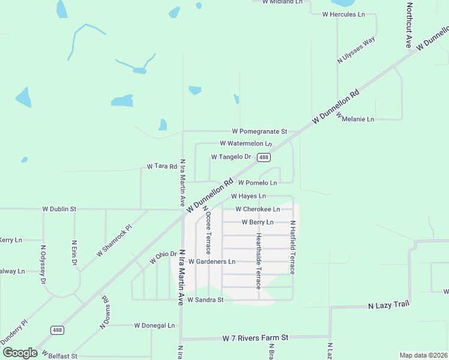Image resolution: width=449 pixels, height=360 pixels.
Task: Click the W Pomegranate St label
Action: pos(260,131)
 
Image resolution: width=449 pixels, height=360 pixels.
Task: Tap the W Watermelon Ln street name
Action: pos(246,144)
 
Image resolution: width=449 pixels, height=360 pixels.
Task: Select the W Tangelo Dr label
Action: pos(231,157)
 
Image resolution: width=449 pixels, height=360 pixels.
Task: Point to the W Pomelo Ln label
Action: pos(258,182)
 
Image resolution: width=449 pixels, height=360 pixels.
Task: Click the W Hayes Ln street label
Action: pos(249,196)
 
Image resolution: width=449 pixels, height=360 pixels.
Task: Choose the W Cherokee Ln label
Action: pos(258,209)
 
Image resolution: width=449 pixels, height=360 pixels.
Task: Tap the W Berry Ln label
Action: pos(258,223)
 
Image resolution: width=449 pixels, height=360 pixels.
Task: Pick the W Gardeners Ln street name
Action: pos(212,262)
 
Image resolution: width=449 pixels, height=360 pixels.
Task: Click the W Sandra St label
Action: pos(205,299)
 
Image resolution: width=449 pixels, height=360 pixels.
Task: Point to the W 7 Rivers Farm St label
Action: pos(255,338)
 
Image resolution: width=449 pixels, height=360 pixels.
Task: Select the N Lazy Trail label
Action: pos(388,305)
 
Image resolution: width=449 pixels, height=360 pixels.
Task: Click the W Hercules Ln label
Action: pos(344,14)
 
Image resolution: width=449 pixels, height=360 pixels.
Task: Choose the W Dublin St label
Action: pos(59,209)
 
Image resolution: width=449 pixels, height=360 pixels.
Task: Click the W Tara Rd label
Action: pos(162,166)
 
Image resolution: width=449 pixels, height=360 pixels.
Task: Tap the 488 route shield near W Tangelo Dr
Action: pos(264,157)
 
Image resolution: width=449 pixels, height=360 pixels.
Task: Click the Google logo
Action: pos(20,353)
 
